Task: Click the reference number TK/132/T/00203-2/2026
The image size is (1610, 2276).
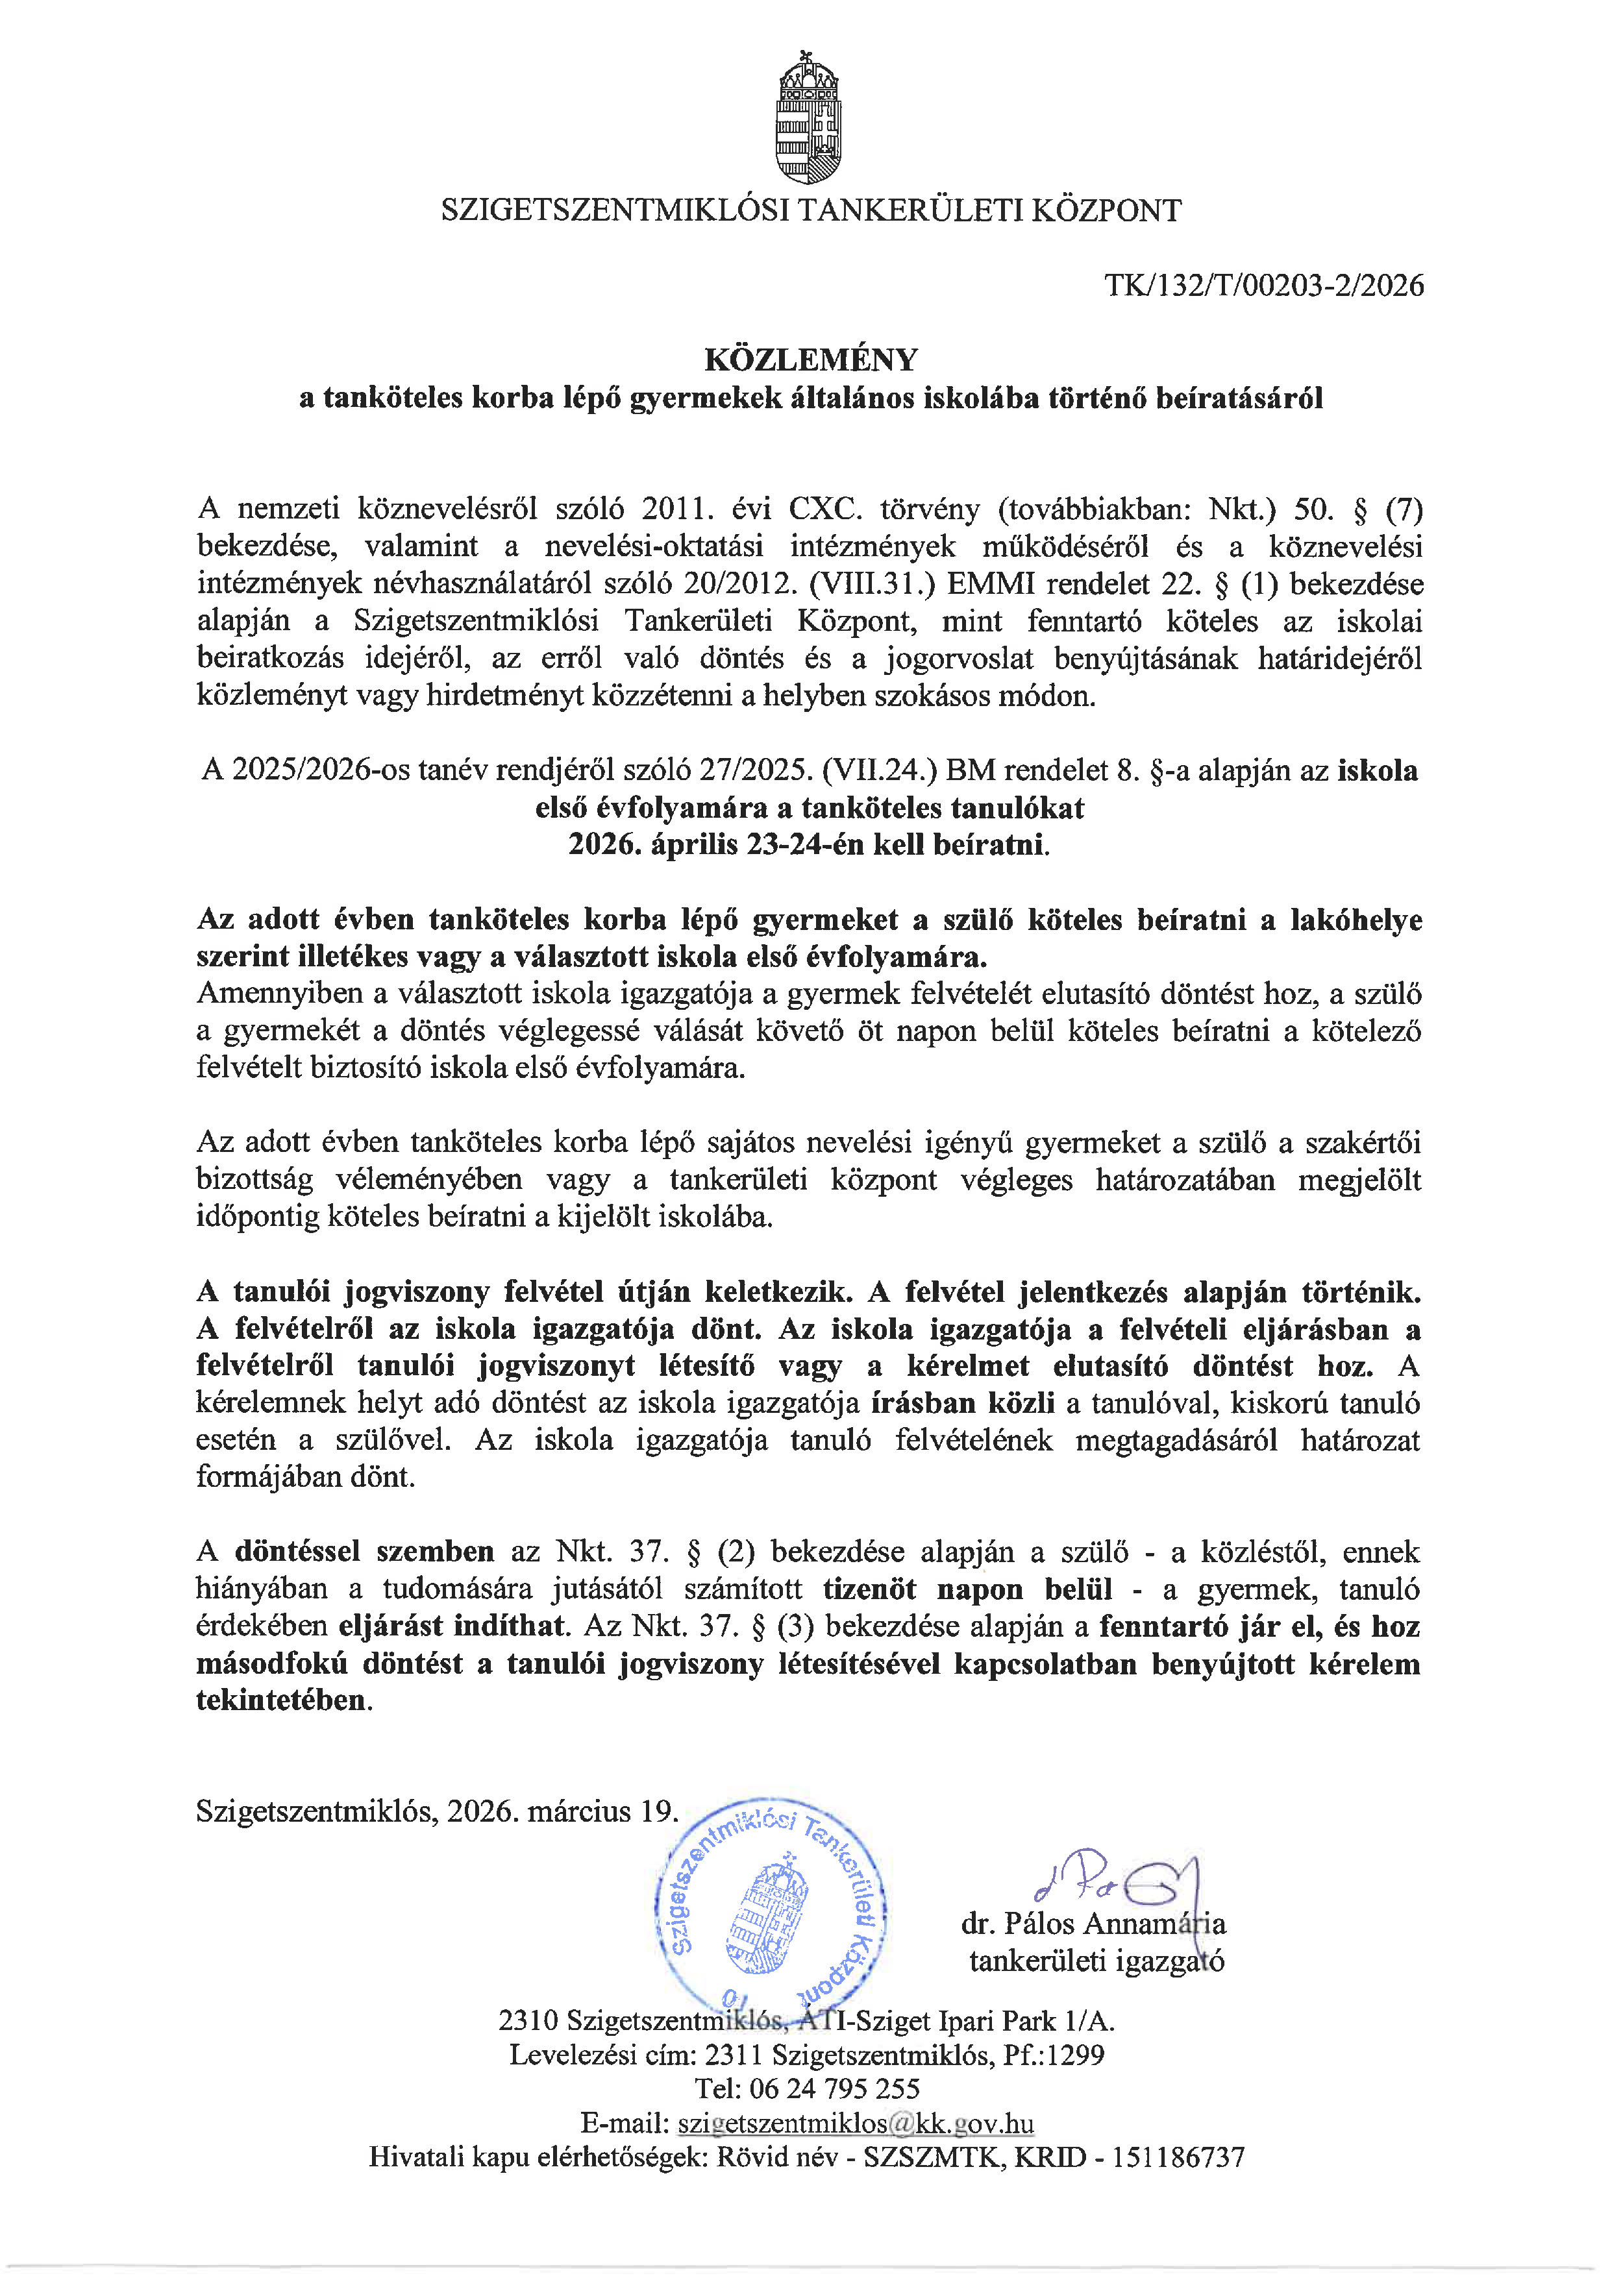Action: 1264,286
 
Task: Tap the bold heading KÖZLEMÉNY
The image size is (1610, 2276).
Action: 810,359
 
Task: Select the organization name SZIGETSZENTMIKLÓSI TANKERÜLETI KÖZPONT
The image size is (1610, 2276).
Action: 810,211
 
